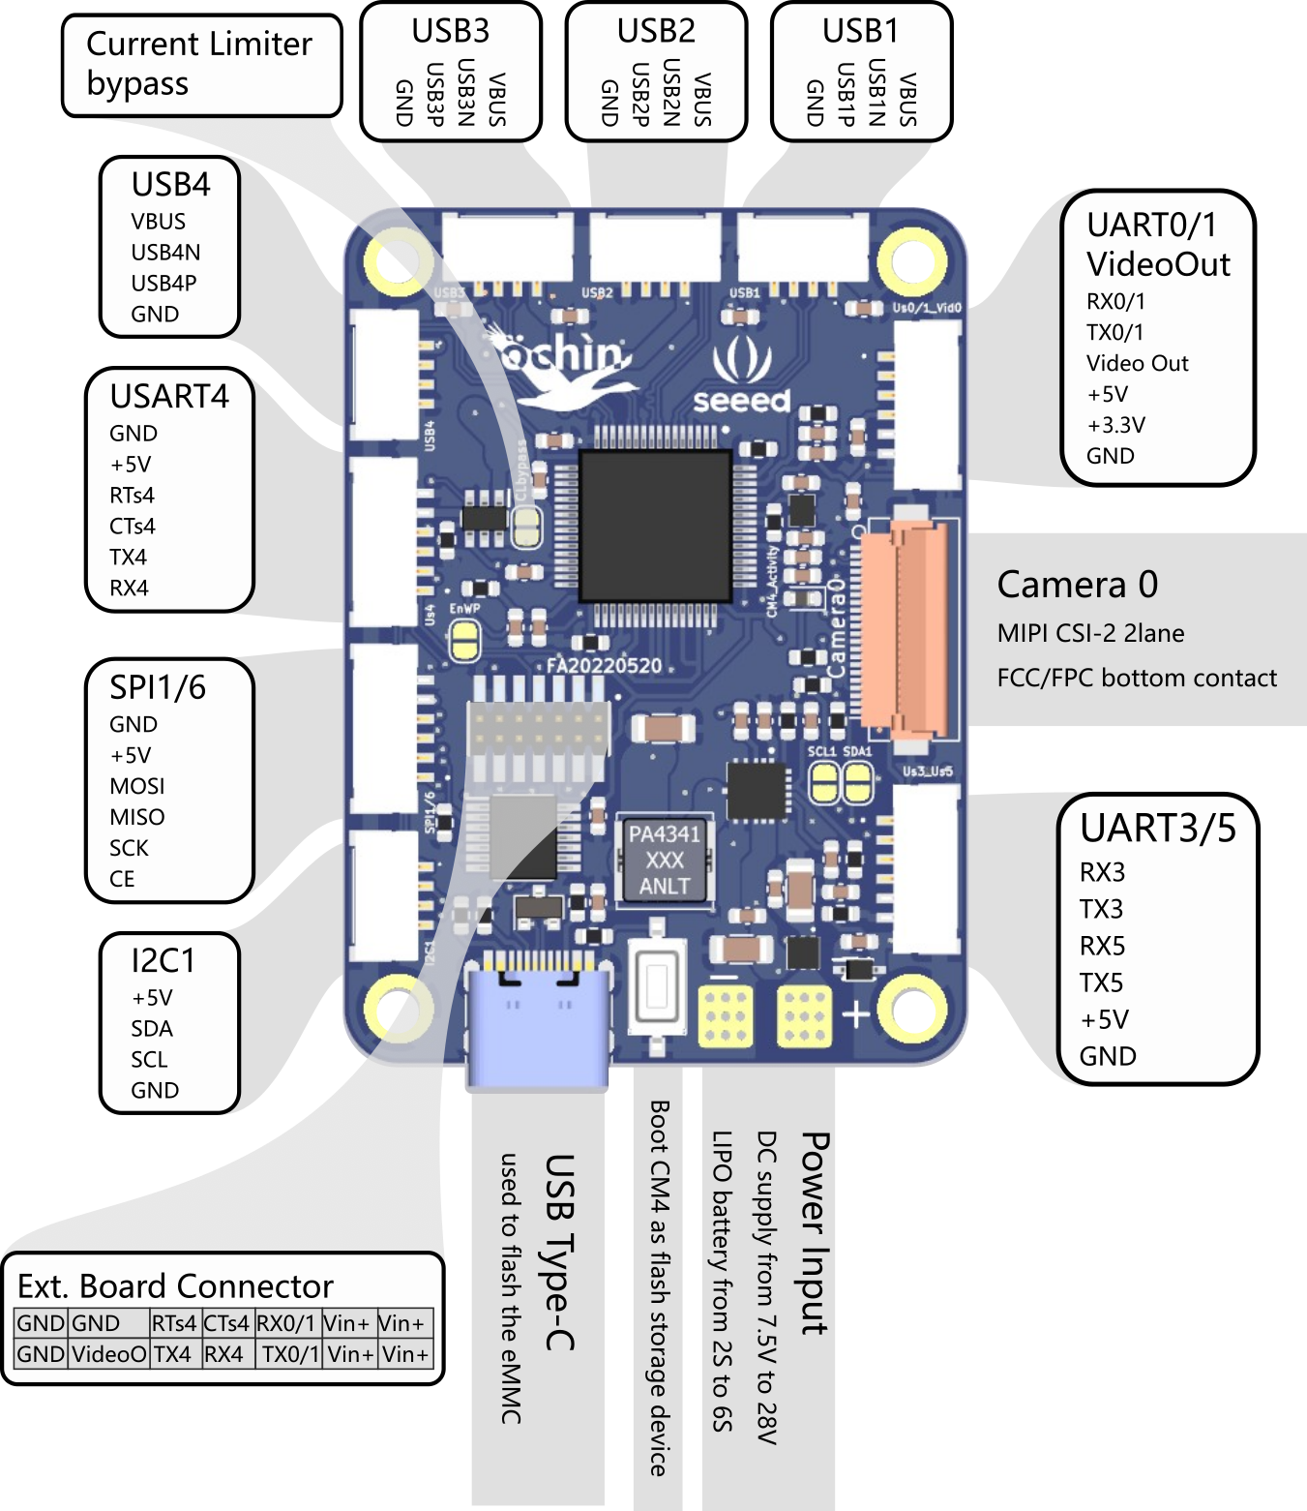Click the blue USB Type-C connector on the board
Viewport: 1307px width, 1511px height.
click(538, 1026)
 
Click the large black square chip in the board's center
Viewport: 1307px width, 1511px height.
click(655, 525)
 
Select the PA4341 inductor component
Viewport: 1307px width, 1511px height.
click(665, 860)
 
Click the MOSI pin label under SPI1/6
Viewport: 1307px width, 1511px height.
click(137, 786)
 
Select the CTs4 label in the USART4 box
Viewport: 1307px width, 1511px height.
click(133, 527)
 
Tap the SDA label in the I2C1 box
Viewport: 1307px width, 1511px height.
click(152, 1029)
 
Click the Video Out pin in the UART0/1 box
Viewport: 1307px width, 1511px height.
click(1137, 364)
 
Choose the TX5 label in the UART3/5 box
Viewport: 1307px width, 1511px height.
click(1101, 983)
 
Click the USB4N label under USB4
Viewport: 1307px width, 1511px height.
click(165, 253)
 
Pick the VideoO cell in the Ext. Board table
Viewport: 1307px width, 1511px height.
click(108, 1354)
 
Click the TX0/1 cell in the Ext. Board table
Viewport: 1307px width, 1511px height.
click(289, 1354)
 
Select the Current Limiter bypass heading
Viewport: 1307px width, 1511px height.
click(199, 64)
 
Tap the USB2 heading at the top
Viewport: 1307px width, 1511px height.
click(656, 31)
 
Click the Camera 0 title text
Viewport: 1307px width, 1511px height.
click(1077, 585)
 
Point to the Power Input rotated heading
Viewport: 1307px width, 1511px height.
click(815, 1233)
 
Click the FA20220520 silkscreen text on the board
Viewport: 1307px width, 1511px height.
click(605, 666)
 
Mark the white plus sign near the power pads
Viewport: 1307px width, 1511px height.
click(856, 1013)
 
